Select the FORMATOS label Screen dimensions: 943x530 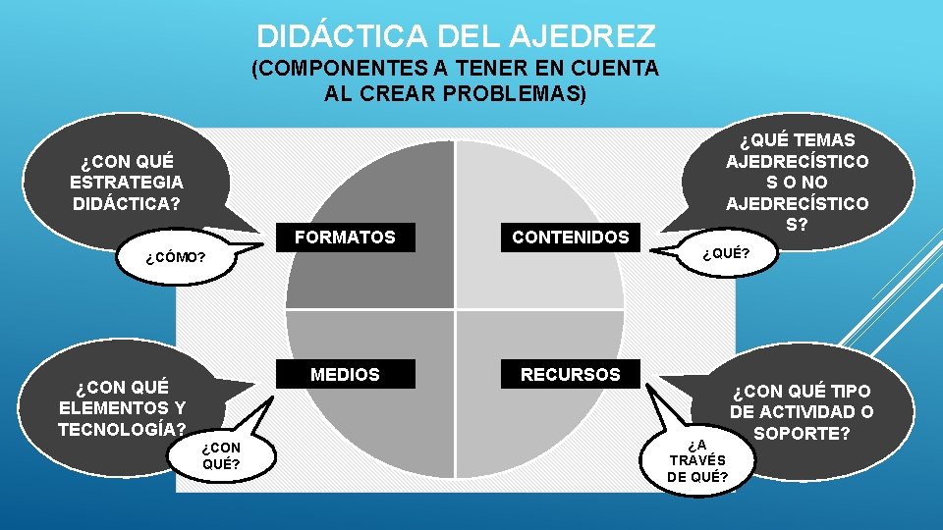345,237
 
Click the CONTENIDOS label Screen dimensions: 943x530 570,237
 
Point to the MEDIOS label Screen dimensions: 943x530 345,374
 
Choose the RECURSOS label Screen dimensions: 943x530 570,374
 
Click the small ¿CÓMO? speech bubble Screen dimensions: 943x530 176,258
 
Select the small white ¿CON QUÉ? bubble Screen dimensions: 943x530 221,455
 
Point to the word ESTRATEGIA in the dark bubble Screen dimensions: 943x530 127,182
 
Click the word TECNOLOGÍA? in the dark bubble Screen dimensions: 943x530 122,429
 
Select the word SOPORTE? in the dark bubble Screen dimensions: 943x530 802,433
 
